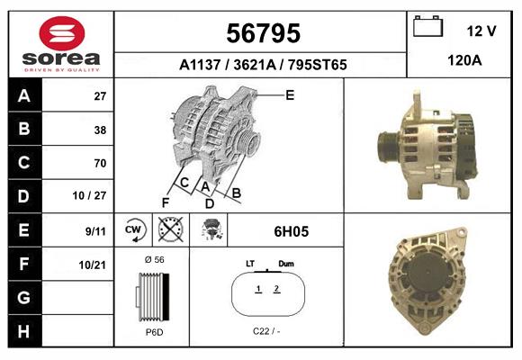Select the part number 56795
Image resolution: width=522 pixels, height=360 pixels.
tap(262, 33)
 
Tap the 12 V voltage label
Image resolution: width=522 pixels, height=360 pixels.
tap(481, 31)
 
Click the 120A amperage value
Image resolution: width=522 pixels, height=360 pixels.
tap(464, 62)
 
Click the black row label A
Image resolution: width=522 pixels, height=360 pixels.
tap(24, 96)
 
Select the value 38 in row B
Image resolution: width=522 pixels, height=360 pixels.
tap(100, 130)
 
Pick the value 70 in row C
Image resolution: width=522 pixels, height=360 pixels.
tap(100, 163)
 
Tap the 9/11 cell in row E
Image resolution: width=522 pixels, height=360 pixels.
tap(95, 230)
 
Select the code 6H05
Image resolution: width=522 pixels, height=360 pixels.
tap(291, 231)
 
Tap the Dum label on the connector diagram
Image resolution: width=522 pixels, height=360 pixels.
tap(286, 264)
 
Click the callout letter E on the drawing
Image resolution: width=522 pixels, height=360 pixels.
tap(290, 94)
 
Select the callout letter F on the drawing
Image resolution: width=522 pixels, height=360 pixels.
tap(165, 202)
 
